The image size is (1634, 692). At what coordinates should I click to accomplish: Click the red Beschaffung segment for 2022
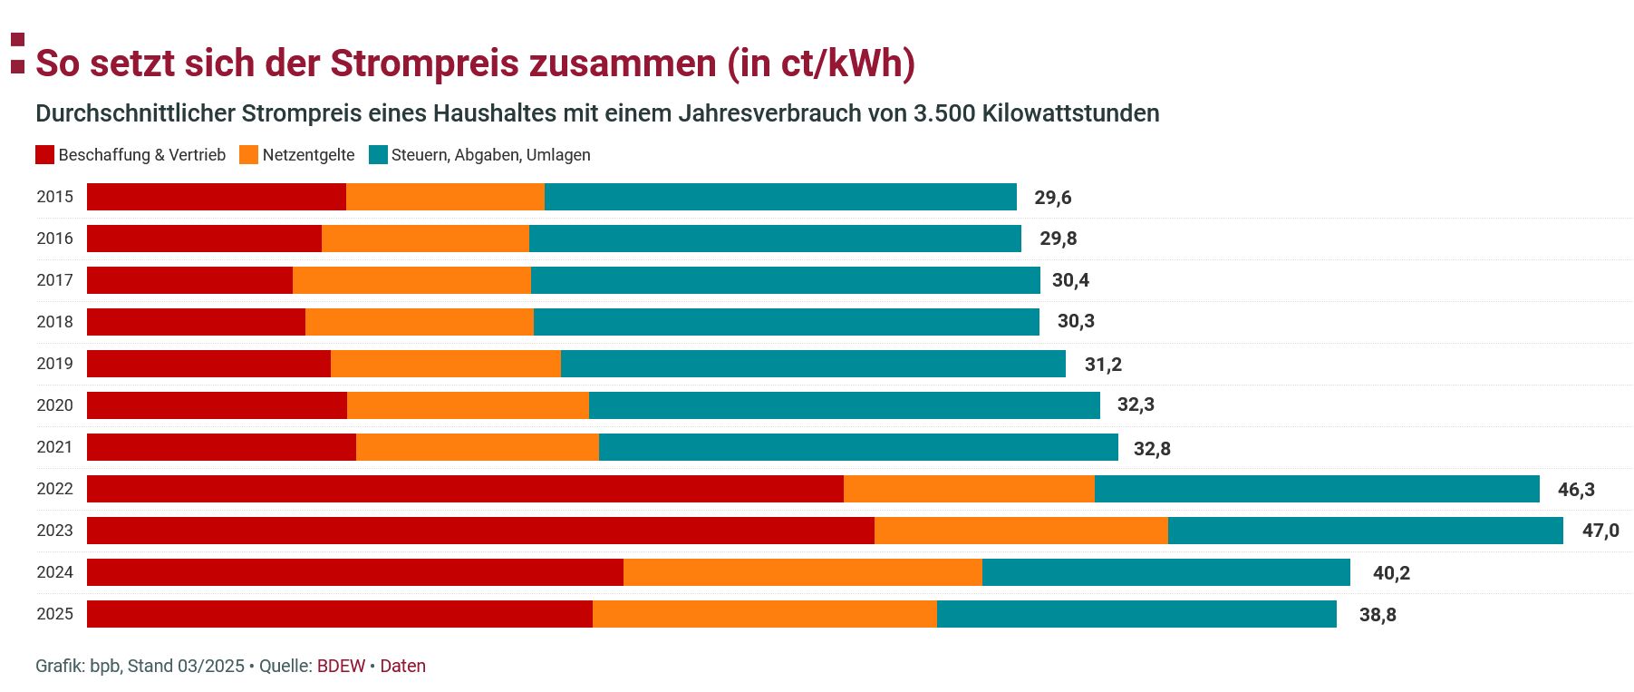(465, 489)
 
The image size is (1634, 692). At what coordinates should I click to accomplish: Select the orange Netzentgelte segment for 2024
(802, 572)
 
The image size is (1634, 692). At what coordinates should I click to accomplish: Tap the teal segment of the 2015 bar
(780, 197)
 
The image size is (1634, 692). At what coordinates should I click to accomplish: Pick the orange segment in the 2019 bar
(445, 364)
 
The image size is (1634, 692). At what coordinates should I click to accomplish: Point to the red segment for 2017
(189, 280)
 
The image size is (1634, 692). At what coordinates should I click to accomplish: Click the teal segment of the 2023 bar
(1365, 531)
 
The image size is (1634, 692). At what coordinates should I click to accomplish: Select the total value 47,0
(1600, 531)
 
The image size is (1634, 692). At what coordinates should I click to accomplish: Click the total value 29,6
(1052, 198)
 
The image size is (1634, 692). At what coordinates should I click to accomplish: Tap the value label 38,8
(1377, 615)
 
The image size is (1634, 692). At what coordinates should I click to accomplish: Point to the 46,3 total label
(1575, 490)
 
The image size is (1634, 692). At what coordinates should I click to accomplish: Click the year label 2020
(54, 405)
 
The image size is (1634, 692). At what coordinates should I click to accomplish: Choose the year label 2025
(54, 614)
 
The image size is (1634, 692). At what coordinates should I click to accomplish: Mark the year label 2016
(54, 239)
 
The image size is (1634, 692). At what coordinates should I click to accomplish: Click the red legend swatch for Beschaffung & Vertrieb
(44, 155)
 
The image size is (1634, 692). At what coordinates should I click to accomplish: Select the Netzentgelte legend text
(308, 155)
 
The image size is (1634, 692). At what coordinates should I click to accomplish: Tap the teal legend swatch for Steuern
(378, 155)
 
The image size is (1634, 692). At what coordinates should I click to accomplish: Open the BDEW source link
(341, 666)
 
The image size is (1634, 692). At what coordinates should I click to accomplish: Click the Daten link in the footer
(402, 666)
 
